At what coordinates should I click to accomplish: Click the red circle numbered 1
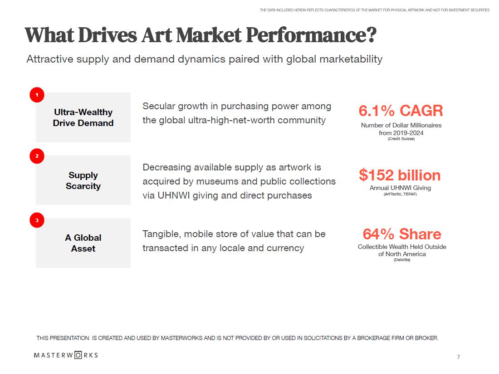point(37,95)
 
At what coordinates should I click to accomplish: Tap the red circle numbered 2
point(37,156)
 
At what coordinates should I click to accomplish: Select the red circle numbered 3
point(37,221)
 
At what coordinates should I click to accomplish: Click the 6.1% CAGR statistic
point(401,111)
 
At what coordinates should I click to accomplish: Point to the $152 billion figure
point(400,175)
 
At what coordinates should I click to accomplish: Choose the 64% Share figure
point(401,234)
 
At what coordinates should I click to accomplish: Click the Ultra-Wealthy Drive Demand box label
point(83,117)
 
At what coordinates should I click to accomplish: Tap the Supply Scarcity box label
point(83,180)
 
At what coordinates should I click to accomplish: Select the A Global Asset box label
point(83,243)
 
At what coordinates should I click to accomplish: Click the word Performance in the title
point(306,35)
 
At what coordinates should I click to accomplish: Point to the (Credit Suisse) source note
point(401,139)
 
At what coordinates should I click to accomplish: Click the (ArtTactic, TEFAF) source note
point(400,194)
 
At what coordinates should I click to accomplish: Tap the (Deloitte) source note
point(402,260)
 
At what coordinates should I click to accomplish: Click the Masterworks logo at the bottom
point(66,355)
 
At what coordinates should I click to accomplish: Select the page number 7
point(458,357)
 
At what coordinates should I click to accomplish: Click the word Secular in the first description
point(158,106)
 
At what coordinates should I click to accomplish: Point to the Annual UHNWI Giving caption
point(400,188)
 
